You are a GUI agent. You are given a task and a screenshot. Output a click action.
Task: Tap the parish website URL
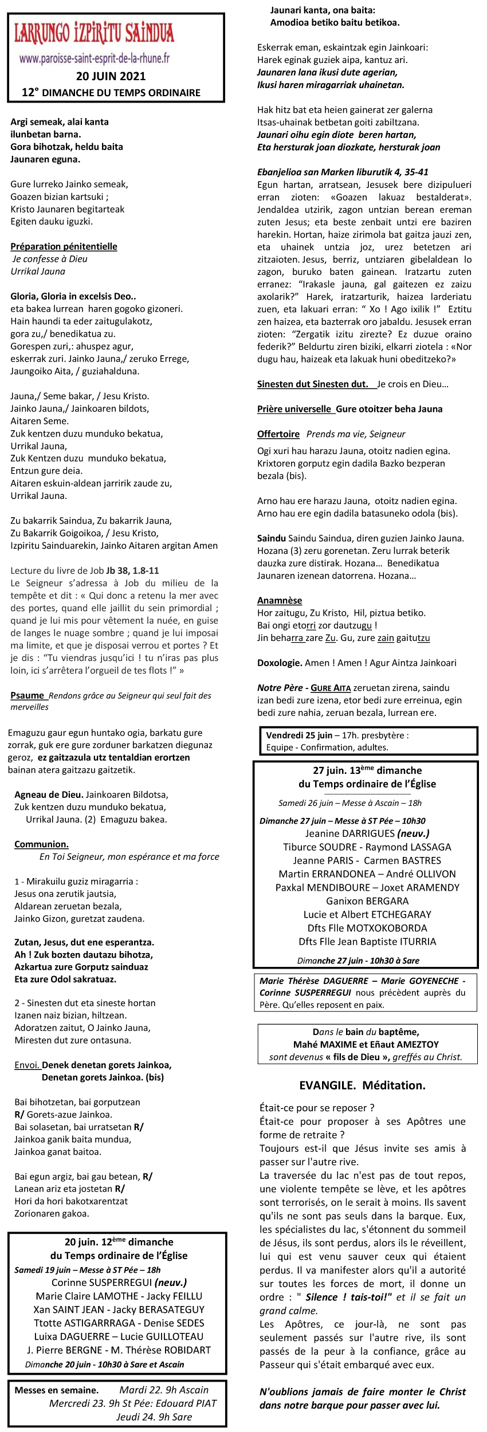point(95,58)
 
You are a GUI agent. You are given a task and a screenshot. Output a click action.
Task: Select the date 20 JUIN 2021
point(111,76)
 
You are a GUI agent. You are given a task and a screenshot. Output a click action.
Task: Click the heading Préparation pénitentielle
point(64,246)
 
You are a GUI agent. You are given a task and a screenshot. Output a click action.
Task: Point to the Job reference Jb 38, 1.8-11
point(132,571)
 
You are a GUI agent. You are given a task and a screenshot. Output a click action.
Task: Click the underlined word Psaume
point(27,695)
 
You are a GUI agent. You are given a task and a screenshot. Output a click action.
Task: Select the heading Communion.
point(41,844)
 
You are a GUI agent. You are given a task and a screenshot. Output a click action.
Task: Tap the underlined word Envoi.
point(27,1065)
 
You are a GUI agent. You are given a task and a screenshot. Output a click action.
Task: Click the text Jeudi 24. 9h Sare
point(154,1417)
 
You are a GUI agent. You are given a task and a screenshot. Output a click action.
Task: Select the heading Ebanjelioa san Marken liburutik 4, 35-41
point(343,172)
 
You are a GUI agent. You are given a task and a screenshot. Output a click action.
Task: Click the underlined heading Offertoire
point(278,434)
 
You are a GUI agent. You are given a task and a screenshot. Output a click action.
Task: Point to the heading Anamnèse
point(280,600)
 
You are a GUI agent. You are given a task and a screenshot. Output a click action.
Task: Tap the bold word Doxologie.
point(280,663)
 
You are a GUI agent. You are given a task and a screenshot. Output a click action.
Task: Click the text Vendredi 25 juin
point(299,735)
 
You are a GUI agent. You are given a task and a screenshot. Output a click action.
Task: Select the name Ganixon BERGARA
point(367,901)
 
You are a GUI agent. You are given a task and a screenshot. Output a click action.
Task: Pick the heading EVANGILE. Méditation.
point(362,1085)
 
